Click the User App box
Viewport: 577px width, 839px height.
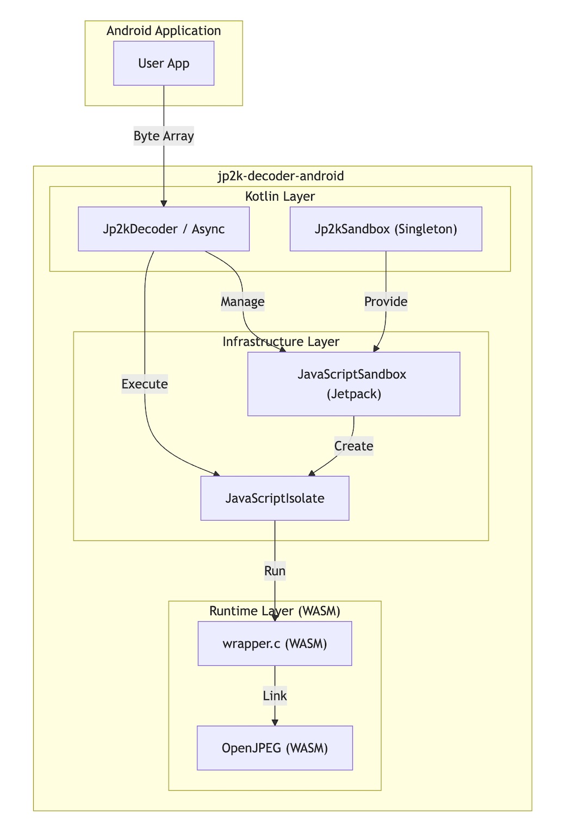(164, 63)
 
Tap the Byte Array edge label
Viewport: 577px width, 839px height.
(164, 136)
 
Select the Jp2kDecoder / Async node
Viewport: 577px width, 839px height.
(164, 229)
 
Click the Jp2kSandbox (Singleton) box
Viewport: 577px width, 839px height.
(386, 229)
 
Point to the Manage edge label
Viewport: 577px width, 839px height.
(243, 301)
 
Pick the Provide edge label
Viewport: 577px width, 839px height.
(386, 301)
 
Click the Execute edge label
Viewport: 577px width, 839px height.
(145, 384)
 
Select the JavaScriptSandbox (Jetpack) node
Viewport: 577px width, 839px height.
(353, 384)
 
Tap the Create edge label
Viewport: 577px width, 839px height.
(353, 446)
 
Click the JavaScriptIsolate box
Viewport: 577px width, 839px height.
(275, 498)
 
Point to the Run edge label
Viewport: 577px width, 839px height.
(275, 571)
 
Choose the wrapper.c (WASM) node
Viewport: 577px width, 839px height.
(275, 644)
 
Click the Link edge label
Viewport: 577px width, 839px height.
(275, 696)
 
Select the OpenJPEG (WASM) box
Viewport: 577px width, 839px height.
(275, 748)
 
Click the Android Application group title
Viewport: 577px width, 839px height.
(164, 30)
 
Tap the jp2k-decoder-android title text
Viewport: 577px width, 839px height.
(281, 176)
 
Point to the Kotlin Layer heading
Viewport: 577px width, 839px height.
(280, 196)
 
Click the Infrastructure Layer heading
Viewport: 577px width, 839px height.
(281, 342)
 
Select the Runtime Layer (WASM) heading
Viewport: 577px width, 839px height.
(275, 611)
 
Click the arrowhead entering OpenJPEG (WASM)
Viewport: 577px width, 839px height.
(275, 722)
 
